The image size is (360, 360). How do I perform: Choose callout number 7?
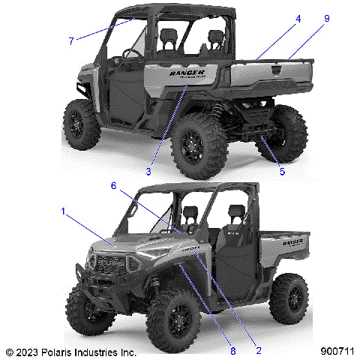point(71,41)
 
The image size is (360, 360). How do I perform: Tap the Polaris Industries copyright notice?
point(70,350)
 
